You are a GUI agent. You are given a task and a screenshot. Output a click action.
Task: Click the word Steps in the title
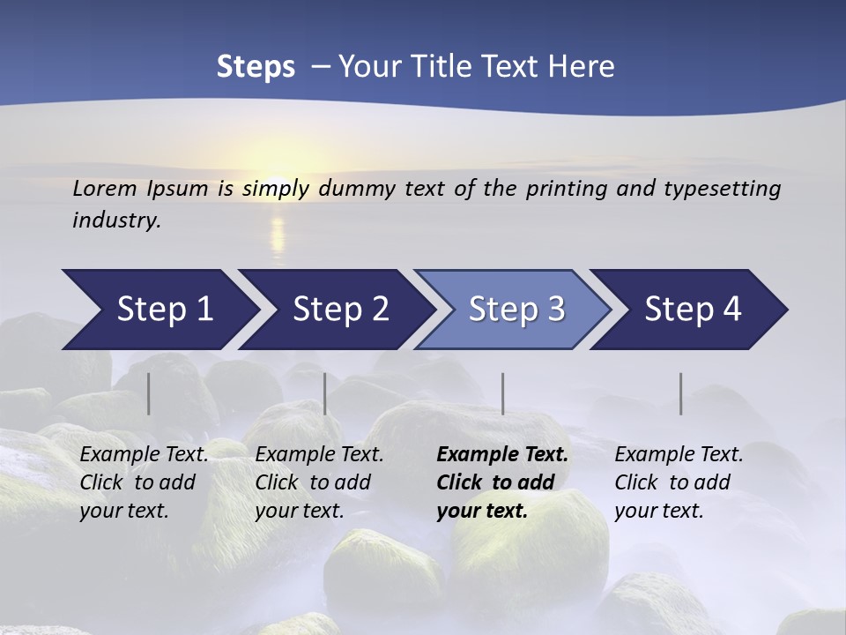pos(256,67)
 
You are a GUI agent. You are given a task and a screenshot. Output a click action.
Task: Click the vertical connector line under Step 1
pos(149,393)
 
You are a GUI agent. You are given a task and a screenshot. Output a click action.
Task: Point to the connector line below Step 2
pos(325,393)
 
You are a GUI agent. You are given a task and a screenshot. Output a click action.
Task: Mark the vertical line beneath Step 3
pos(502,393)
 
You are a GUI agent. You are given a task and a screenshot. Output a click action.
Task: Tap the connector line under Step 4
pos(681,393)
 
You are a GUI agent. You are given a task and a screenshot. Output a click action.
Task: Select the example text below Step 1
pos(144,482)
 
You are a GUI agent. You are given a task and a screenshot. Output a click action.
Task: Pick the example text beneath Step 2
pos(319,482)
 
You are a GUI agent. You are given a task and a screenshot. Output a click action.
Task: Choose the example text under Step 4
pos(679,482)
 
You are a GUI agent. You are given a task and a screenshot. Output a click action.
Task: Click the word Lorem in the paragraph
pos(104,189)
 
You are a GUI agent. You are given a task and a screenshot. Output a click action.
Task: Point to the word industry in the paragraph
pos(116,220)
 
